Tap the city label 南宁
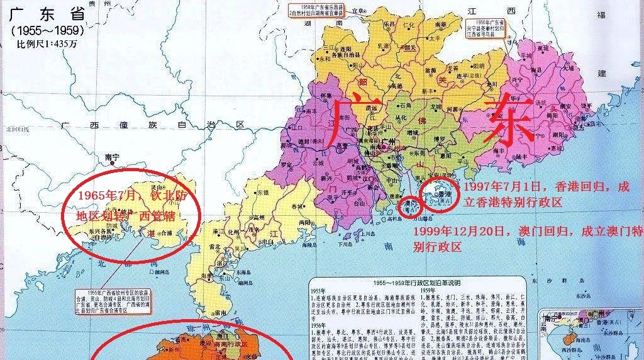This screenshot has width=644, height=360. pyautogui.click(x=112, y=157)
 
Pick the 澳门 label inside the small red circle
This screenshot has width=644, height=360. pyautogui.click(x=408, y=205)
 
